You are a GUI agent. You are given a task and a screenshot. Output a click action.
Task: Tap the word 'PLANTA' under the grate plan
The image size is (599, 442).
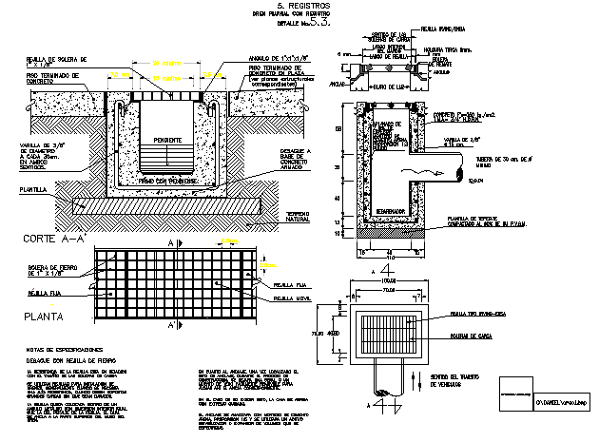[x=37, y=319]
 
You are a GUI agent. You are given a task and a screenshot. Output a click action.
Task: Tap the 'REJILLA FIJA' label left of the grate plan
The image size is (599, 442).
[x=35, y=295]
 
